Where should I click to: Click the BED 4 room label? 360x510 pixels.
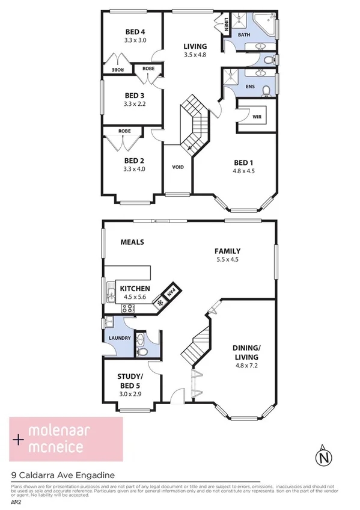tap(136, 32)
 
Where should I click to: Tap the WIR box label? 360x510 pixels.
tap(256, 117)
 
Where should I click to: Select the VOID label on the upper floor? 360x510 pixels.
tap(177, 167)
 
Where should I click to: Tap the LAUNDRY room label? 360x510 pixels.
tap(120, 338)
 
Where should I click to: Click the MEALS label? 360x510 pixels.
tap(132, 242)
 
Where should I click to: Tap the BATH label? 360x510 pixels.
tap(244, 35)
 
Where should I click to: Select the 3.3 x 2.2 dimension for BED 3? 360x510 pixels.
tap(135, 103)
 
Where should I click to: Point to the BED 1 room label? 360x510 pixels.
tap(243, 161)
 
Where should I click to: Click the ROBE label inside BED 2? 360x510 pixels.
tap(124, 131)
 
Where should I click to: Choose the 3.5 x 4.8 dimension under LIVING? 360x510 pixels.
tap(195, 55)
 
